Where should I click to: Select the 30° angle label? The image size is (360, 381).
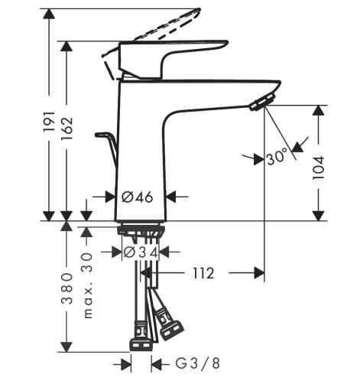[278, 158]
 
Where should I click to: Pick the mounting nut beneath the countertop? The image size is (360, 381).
[141, 231]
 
